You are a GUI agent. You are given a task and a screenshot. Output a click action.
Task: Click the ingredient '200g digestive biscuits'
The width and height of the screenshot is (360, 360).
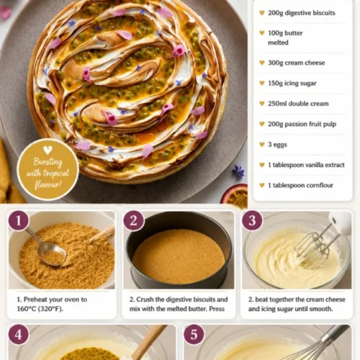(302, 13)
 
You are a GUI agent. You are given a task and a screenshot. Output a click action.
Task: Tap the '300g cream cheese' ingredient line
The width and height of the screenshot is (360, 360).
(297, 63)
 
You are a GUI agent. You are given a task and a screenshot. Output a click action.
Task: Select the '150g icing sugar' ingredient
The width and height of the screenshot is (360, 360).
(292, 83)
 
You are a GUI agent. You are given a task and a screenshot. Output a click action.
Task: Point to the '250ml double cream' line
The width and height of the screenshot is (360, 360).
(298, 104)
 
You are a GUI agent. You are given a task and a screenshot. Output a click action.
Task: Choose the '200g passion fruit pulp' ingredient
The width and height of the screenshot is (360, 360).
(302, 124)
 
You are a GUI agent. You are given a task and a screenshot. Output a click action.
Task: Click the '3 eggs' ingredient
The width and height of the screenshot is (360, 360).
(277, 145)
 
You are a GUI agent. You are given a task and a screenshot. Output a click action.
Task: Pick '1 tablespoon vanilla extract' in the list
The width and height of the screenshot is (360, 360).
(306, 165)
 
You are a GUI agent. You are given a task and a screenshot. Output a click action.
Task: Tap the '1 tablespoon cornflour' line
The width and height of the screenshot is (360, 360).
(300, 185)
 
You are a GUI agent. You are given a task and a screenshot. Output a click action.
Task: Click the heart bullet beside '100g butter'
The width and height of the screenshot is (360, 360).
(262, 33)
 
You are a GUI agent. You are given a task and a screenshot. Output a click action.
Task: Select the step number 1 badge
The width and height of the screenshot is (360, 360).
(19, 220)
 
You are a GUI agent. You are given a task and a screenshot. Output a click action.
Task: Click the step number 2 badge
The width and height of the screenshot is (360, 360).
(134, 220)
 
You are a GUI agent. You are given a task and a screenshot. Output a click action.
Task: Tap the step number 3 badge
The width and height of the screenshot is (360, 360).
(252, 220)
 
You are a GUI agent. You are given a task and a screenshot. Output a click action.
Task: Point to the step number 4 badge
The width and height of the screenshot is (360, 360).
(19, 335)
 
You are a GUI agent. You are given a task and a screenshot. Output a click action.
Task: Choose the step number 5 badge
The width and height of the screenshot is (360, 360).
(194, 335)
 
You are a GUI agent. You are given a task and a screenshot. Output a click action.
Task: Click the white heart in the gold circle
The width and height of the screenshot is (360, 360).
(48, 150)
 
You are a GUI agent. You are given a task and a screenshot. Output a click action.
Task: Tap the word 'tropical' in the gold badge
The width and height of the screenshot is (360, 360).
(56, 173)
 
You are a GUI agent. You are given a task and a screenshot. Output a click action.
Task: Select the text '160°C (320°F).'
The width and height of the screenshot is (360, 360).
(40, 309)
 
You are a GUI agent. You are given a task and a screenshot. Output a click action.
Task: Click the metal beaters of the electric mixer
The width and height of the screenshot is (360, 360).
(315, 245)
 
